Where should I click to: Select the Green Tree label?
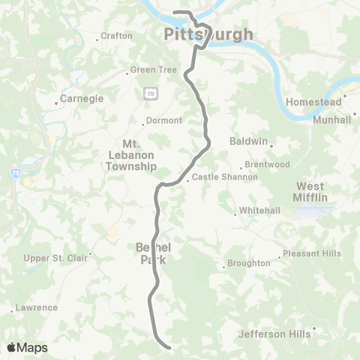click(153, 70)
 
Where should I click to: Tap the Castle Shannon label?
click(225, 178)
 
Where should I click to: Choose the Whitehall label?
click(259, 211)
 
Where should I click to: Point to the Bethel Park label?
click(154, 253)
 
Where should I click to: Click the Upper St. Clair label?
click(56, 258)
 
